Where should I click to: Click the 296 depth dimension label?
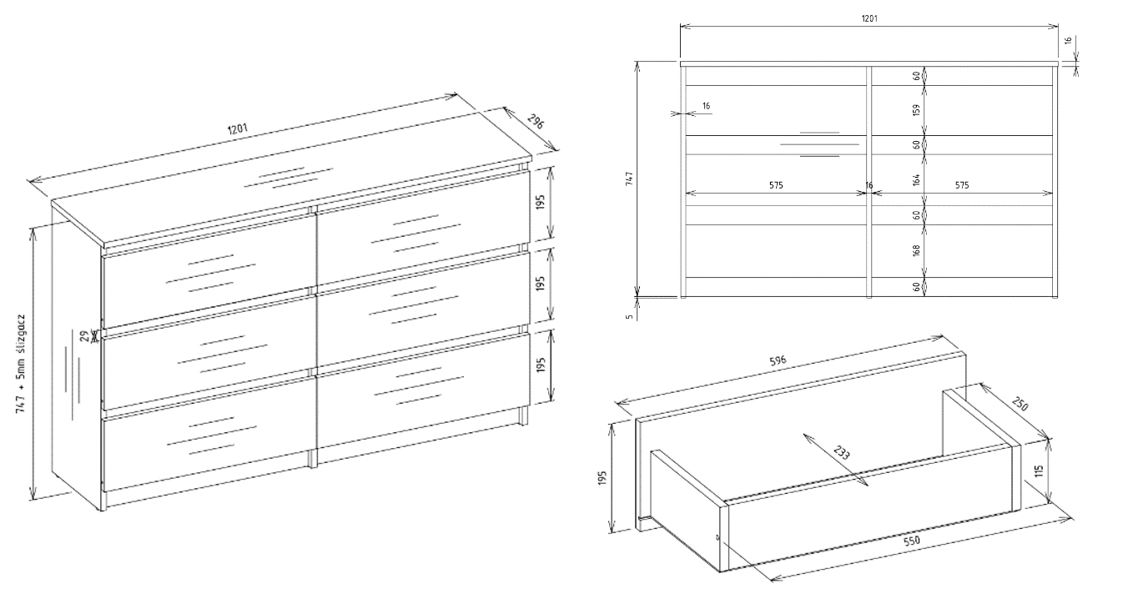pyautogui.click(x=536, y=122)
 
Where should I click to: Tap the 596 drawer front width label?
pyautogui.click(x=778, y=361)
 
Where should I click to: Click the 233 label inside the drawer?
pyautogui.click(x=841, y=452)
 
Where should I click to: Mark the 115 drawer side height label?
pyautogui.click(x=1039, y=471)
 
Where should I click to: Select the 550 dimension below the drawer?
pyautogui.click(x=911, y=541)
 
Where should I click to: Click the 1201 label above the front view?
pyautogui.click(x=869, y=18)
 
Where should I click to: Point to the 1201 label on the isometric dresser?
pyautogui.click(x=238, y=128)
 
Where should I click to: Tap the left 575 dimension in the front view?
pyautogui.click(x=776, y=185)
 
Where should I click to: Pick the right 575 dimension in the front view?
pyautogui.click(x=962, y=185)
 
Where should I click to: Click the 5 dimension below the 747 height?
pyautogui.click(x=629, y=317)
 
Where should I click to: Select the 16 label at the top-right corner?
pyautogui.click(x=1068, y=40)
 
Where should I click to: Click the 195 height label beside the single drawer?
pyautogui.click(x=602, y=478)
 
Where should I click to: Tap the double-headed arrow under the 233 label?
pyautogui.click(x=835, y=460)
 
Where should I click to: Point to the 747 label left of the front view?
pyautogui.click(x=629, y=179)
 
